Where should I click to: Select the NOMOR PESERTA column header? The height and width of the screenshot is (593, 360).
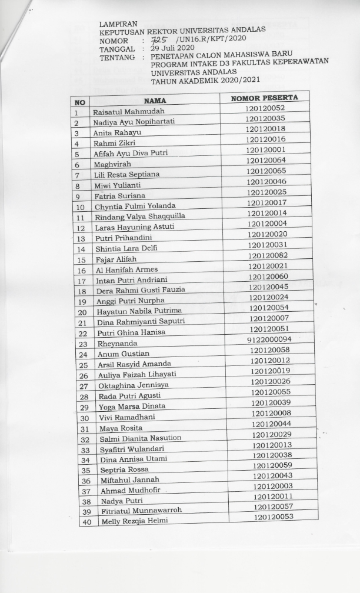pos(264,97)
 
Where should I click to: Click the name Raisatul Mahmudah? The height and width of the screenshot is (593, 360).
pos(129,111)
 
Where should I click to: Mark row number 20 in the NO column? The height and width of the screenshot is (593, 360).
pos(83,312)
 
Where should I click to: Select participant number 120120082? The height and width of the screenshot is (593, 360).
pos(268,255)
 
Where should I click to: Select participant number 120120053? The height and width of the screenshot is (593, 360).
pos(274,517)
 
